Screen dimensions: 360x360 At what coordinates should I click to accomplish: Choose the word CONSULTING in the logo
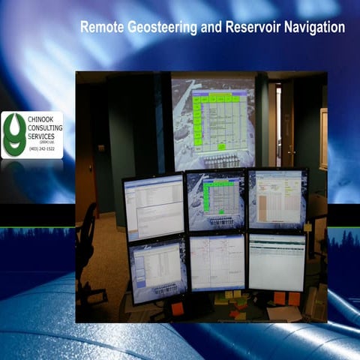click(x=46, y=128)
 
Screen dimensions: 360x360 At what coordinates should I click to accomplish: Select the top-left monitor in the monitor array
click(x=154, y=207)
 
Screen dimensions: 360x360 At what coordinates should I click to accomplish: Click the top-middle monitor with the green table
click(x=215, y=200)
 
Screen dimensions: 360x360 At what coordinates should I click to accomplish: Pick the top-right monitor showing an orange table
click(x=277, y=197)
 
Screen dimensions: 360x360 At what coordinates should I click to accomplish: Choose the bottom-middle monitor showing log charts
click(x=217, y=262)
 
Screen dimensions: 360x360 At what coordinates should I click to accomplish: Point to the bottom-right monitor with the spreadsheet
click(x=276, y=260)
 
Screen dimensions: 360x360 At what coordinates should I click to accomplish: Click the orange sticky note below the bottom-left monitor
click(x=178, y=308)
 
